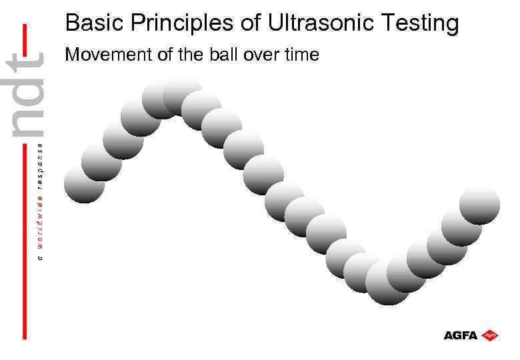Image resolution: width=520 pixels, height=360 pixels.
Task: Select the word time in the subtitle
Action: coord(302,55)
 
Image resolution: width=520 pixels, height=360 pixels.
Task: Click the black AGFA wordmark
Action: coord(461,335)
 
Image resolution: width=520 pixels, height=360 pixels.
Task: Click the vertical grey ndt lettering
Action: coord(27,96)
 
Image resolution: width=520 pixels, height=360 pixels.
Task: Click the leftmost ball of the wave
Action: coord(84,183)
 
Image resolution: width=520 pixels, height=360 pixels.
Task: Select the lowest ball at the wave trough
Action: coord(388,284)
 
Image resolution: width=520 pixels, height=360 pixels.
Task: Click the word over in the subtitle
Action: coord(261,55)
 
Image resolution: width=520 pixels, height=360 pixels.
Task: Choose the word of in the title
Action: coord(254,23)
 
